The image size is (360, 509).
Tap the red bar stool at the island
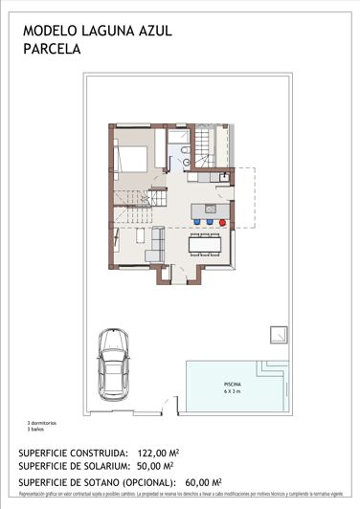[x=222, y=221]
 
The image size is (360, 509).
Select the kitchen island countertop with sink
[x=210, y=210]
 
